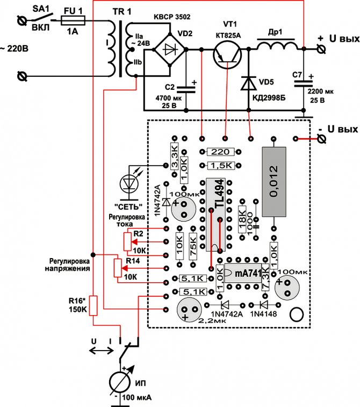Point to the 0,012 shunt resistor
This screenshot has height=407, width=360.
point(274,181)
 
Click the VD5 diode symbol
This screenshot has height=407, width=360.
point(248,83)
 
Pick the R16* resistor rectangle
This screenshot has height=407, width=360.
point(93,305)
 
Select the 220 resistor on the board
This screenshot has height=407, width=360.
point(217,152)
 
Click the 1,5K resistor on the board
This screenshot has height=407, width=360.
point(217,166)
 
